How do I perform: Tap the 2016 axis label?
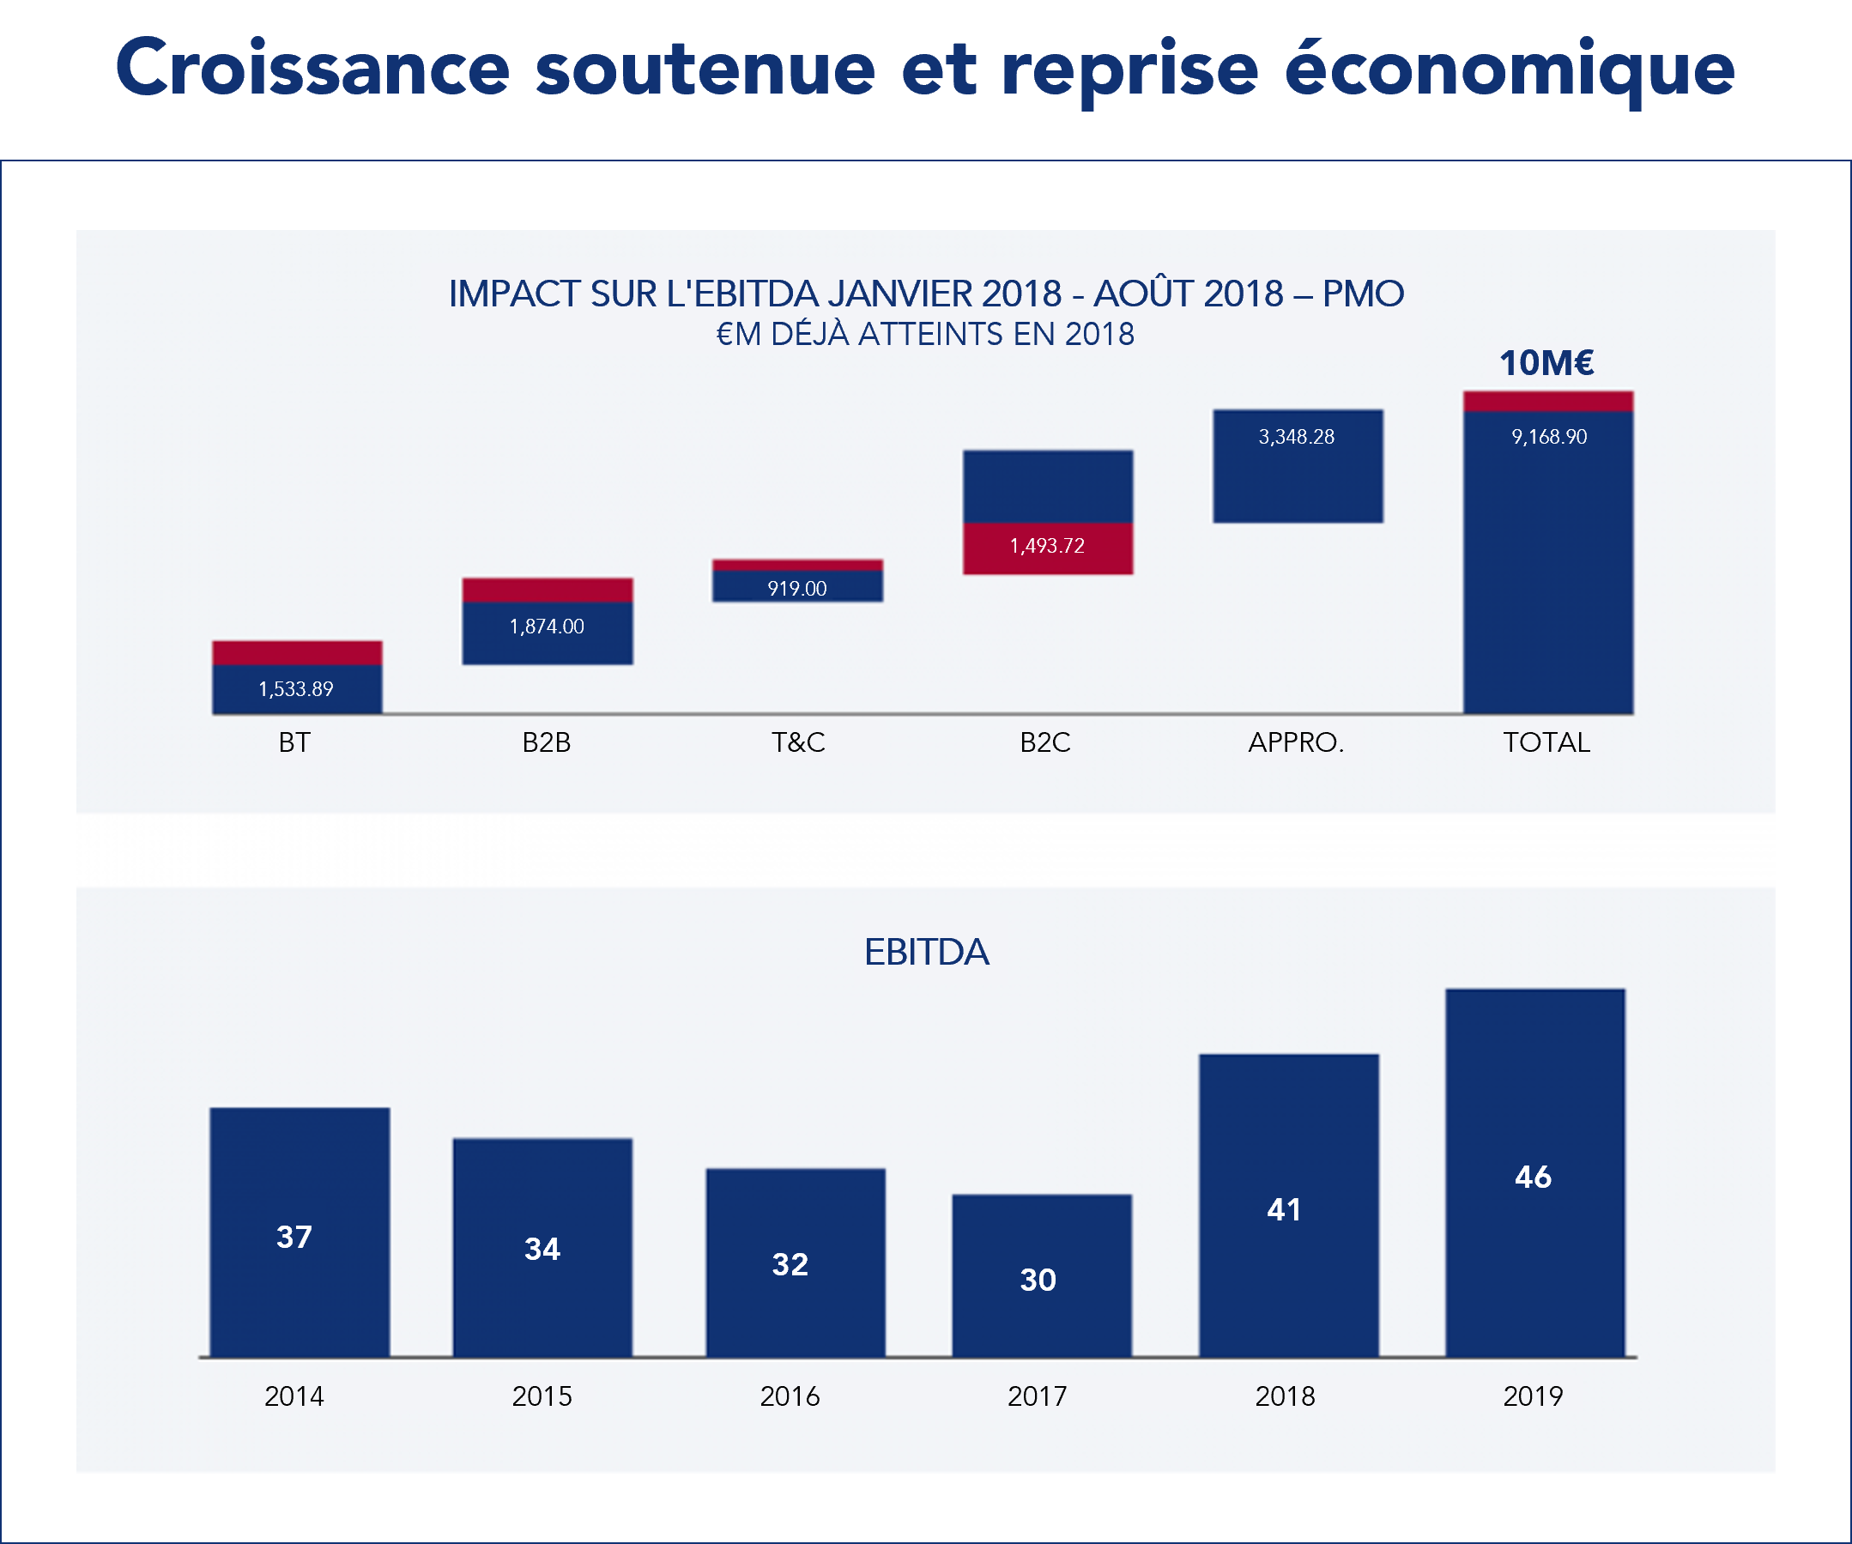(x=790, y=1396)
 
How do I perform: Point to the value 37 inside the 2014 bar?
(x=294, y=1236)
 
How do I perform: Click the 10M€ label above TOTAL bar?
(x=1546, y=362)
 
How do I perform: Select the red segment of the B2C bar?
(x=1048, y=548)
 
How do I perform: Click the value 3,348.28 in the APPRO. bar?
(x=1296, y=437)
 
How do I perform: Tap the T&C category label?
(x=798, y=742)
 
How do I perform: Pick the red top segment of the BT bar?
(x=297, y=652)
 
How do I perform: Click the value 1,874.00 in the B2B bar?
(x=547, y=626)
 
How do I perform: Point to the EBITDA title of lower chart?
(x=926, y=953)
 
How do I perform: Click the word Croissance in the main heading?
(x=312, y=69)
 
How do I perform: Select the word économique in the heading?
(x=1509, y=69)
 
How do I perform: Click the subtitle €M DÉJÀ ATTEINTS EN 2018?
(x=924, y=334)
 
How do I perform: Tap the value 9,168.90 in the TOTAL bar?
(x=1548, y=437)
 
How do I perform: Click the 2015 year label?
(x=542, y=1396)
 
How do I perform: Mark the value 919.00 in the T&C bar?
(x=796, y=588)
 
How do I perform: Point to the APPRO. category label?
(x=1296, y=742)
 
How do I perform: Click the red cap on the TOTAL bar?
(x=1547, y=401)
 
